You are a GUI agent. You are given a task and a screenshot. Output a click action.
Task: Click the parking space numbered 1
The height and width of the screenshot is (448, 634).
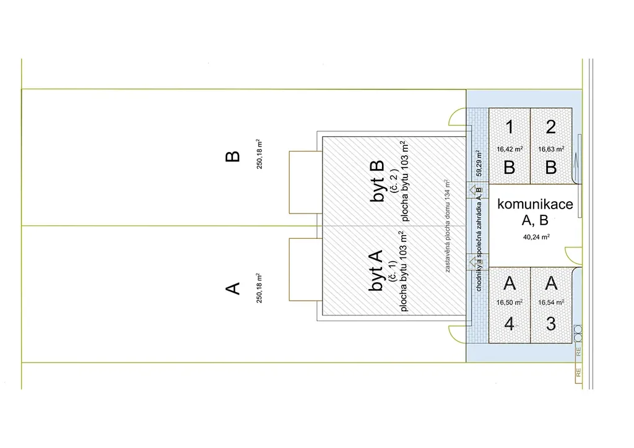click(x=509, y=146)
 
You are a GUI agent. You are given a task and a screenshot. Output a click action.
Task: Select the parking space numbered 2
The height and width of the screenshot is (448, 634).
click(x=551, y=146)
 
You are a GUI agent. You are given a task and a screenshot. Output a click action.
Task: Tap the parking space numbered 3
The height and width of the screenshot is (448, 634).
click(x=551, y=304)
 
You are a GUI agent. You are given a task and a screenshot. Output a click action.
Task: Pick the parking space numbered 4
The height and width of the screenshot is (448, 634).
click(x=509, y=304)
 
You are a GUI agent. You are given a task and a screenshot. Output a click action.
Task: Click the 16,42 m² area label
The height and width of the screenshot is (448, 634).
click(x=509, y=149)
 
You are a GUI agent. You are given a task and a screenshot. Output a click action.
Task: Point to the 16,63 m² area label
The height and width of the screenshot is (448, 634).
click(x=551, y=149)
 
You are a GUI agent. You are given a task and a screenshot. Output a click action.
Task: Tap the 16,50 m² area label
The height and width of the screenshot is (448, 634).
click(x=510, y=303)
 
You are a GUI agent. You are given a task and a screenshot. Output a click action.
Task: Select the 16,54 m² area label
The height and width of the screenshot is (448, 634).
click(x=551, y=303)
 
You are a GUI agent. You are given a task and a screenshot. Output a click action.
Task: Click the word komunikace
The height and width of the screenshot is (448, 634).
click(x=535, y=204)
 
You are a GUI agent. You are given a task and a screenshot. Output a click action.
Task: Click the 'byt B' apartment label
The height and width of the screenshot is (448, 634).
click(x=377, y=181)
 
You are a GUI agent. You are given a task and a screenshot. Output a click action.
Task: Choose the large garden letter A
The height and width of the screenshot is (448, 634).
click(x=232, y=288)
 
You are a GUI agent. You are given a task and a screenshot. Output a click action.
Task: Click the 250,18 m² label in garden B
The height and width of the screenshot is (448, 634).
click(x=260, y=154)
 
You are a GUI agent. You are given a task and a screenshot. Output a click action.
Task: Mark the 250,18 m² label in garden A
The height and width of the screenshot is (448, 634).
click(x=260, y=288)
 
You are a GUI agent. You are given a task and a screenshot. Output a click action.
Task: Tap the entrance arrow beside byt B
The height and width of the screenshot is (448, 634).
click(x=477, y=191)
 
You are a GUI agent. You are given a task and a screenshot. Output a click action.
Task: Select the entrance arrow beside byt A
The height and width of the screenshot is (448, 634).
click(x=477, y=261)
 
